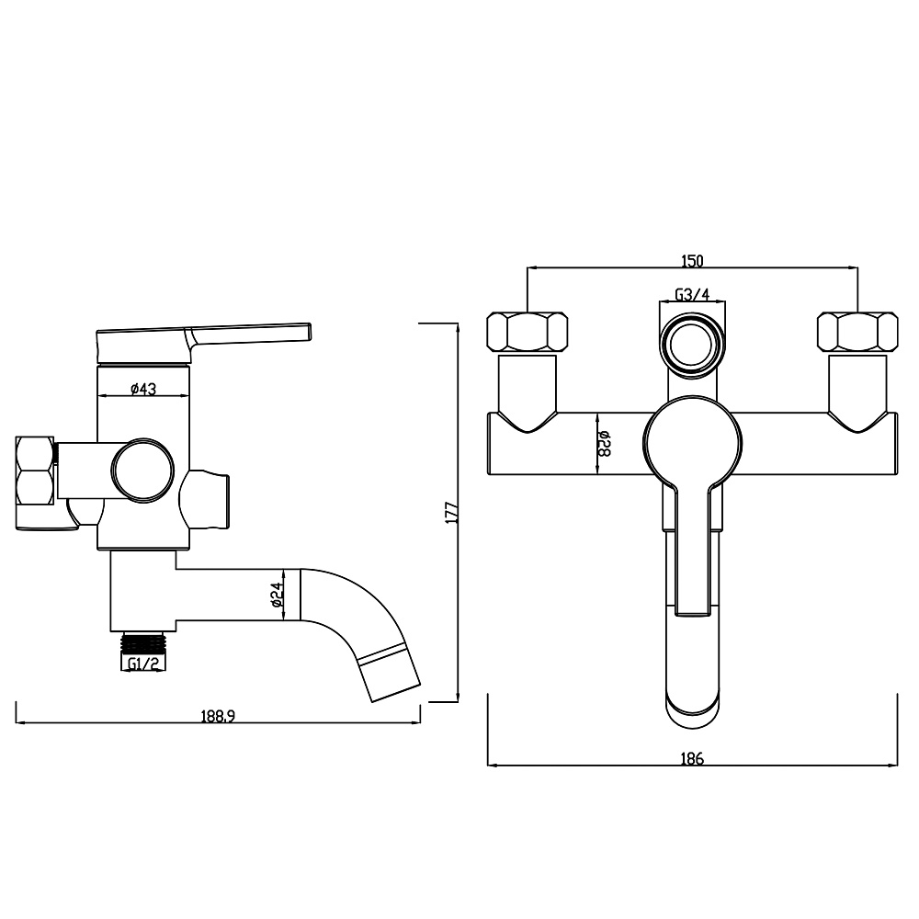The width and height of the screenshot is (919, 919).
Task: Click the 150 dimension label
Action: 692,261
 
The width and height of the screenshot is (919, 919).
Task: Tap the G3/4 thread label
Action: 692,294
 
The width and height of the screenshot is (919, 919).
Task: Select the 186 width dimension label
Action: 692,759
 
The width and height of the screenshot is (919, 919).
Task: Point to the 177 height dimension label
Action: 451,512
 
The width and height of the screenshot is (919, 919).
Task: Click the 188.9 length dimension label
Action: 218,716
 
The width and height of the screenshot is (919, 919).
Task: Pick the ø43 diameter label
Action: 143,388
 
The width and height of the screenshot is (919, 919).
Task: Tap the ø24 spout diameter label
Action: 278,595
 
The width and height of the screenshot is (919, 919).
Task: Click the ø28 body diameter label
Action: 605,444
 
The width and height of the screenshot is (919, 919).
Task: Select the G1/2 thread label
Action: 143,664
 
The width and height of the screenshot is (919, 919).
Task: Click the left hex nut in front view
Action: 528,333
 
